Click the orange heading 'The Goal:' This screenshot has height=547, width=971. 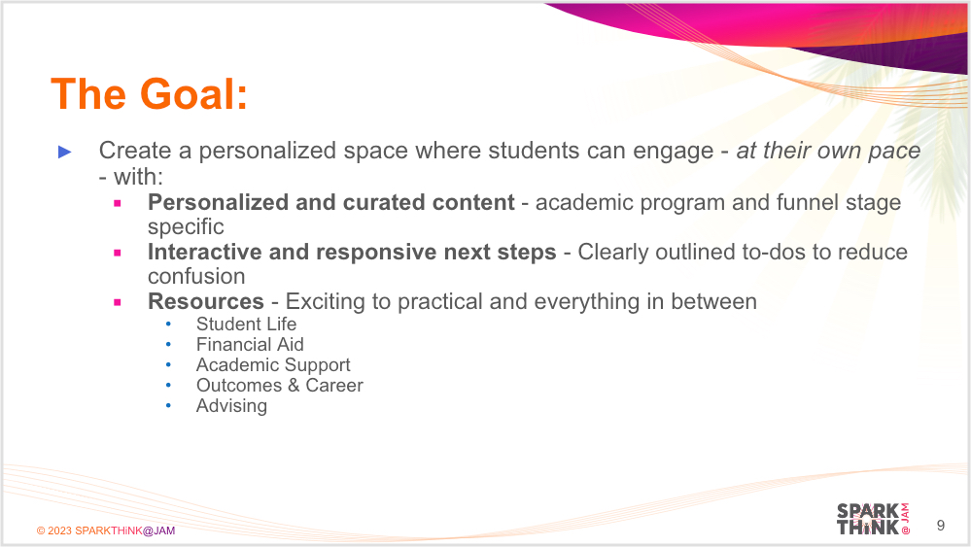149,94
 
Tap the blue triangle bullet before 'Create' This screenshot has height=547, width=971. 65,152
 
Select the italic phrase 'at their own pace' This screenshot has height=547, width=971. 828,151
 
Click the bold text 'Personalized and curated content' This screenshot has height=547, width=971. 330,202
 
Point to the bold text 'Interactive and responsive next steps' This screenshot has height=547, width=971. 352,252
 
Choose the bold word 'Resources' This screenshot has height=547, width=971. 206,301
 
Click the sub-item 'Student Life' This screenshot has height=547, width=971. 246,324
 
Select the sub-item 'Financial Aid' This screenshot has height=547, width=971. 250,344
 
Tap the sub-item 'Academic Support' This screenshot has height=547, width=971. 273,364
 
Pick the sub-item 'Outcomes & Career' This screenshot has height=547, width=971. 280,385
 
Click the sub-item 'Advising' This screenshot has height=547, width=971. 231,405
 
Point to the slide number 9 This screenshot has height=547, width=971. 940,526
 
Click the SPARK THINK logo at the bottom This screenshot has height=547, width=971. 872,519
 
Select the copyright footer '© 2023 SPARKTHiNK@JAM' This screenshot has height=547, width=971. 106,530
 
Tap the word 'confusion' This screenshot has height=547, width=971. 196,276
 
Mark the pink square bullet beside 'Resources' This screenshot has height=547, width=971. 118,302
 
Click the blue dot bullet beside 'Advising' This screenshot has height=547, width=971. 168,405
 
